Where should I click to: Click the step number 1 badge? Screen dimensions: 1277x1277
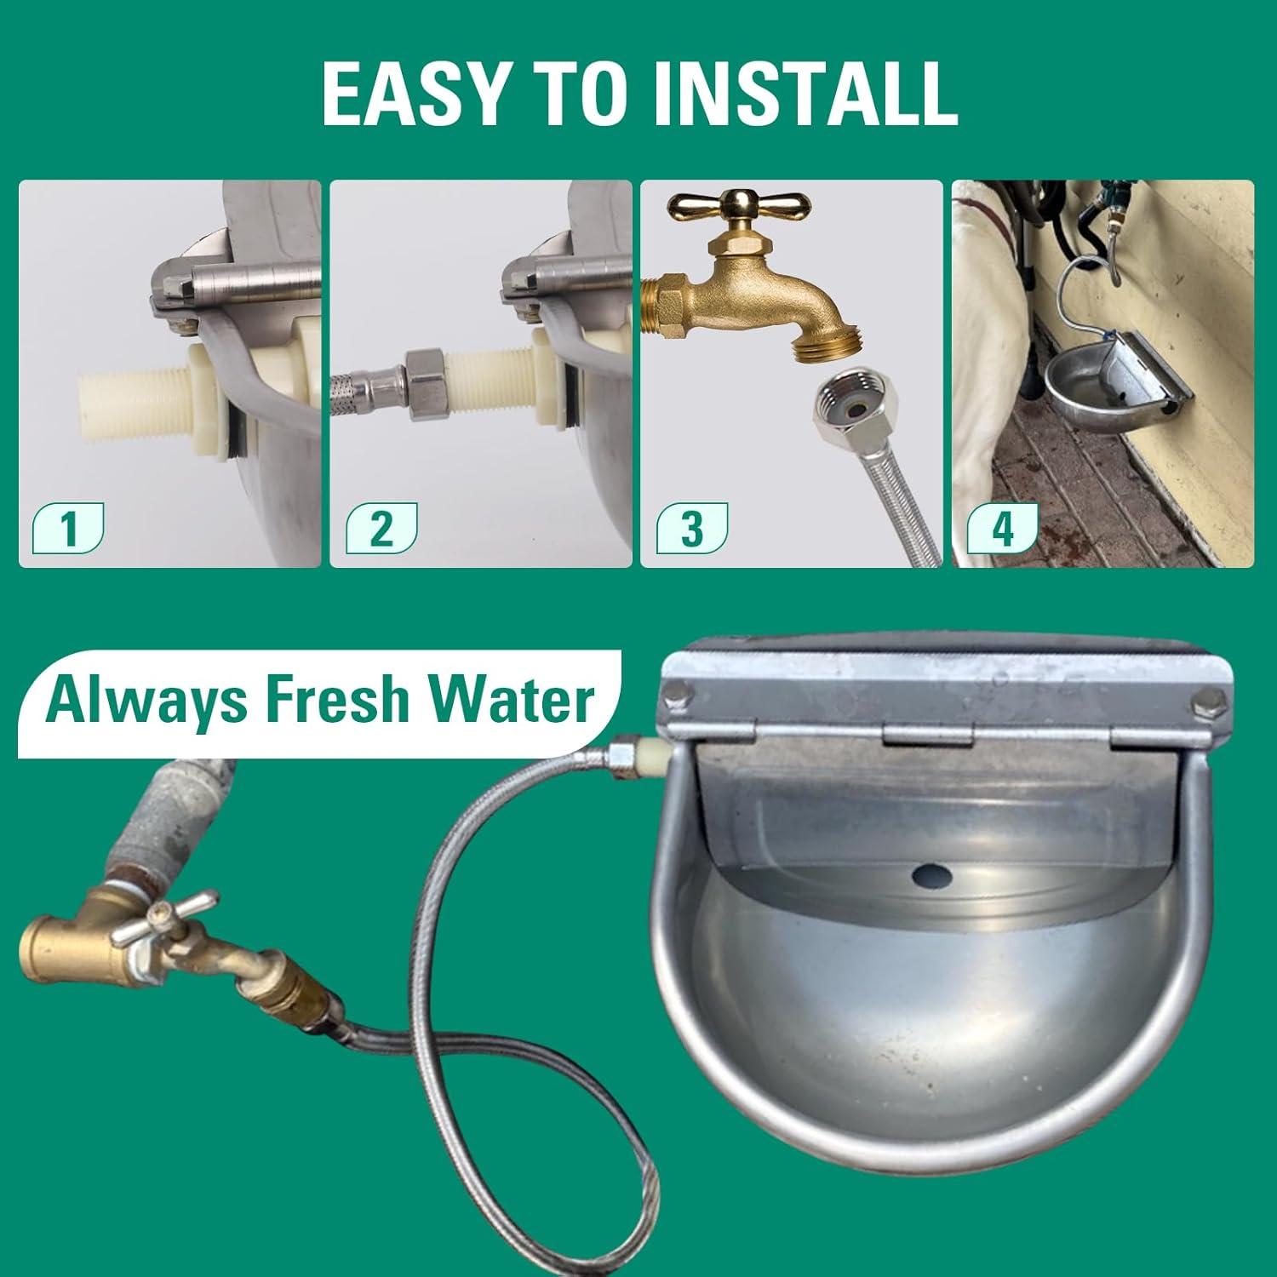[68, 529]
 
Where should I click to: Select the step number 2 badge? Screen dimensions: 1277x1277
[381, 529]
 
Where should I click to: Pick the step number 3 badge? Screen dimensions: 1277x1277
[692, 529]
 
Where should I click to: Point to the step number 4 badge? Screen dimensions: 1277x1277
[1003, 529]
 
